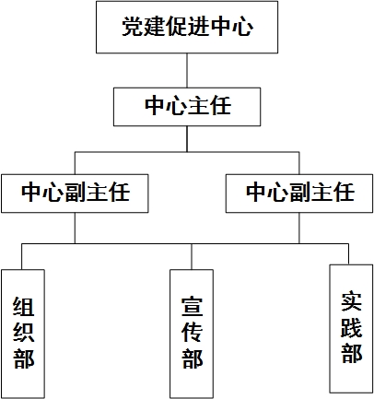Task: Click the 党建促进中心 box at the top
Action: [187, 27]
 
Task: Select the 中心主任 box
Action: [187, 107]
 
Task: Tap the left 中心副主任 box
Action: [75, 194]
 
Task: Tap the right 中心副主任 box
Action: [299, 194]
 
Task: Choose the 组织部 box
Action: [23, 334]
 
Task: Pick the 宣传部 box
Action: [192, 334]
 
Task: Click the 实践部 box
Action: [351, 329]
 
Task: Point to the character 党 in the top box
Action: [133, 27]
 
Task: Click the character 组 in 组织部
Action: [24, 307]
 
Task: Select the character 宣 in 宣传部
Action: [193, 307]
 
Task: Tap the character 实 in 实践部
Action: [352, 301]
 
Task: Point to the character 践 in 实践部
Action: [352, 327]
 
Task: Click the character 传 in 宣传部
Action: [193, 333]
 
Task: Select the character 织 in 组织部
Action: [24, 333]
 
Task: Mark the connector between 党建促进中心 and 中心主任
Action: [187, 70]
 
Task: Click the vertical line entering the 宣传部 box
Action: [192, 257]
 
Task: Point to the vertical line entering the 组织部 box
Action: [21, 257]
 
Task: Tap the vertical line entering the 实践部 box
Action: [348, 254]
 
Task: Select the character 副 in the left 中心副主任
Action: [76, 192]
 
